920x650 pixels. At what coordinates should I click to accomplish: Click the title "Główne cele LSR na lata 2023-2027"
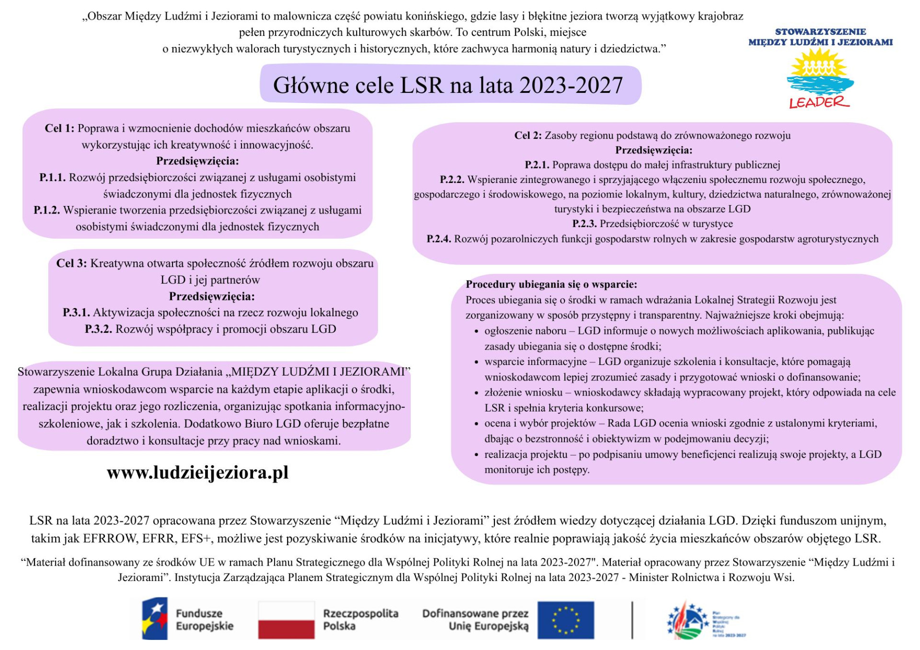pyautogui.click(x=448, y=85)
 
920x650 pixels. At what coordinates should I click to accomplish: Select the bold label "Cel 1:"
pyautogui.click(x=59, y=128)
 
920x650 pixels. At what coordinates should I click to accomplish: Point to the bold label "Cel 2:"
pyautogui.click(x=528, y=136)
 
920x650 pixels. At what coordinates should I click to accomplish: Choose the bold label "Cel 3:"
pyautogui.click(x=71, y=263)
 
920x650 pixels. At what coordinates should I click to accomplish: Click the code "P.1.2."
pyautogui.click(x=46, y=210)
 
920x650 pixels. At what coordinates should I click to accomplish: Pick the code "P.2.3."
pyautogui.click(x=584, y=224)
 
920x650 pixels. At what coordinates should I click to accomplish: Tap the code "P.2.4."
pyautogui.click(x=438, y=239)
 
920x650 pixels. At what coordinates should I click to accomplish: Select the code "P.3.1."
pyautogui.click(x=76, y=313)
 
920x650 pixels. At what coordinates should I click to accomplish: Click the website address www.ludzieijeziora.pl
pyautogui.click(x=197, y=473)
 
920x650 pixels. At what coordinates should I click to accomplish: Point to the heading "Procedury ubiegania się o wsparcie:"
pyautogui.click(x=551, y=285)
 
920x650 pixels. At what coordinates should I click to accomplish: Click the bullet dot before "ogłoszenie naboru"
pyautogui.click(x=476, y=331)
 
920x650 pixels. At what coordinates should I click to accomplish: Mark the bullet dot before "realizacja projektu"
pyautogui.click(x=476, y=455)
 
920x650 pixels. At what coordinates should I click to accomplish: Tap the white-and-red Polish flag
pyautogui.click(x=286, y=620)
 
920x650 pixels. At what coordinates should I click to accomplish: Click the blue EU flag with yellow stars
pyautogui.click(x=565, y=620)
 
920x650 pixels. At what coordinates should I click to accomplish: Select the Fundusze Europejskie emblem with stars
pyautogui.click(x=155, y=619)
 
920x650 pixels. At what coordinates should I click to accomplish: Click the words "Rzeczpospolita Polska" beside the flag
pyautogui.click(x=360, y=620)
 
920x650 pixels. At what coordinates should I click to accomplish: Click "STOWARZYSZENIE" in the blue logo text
pyautogui.click(x=820, y=32)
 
